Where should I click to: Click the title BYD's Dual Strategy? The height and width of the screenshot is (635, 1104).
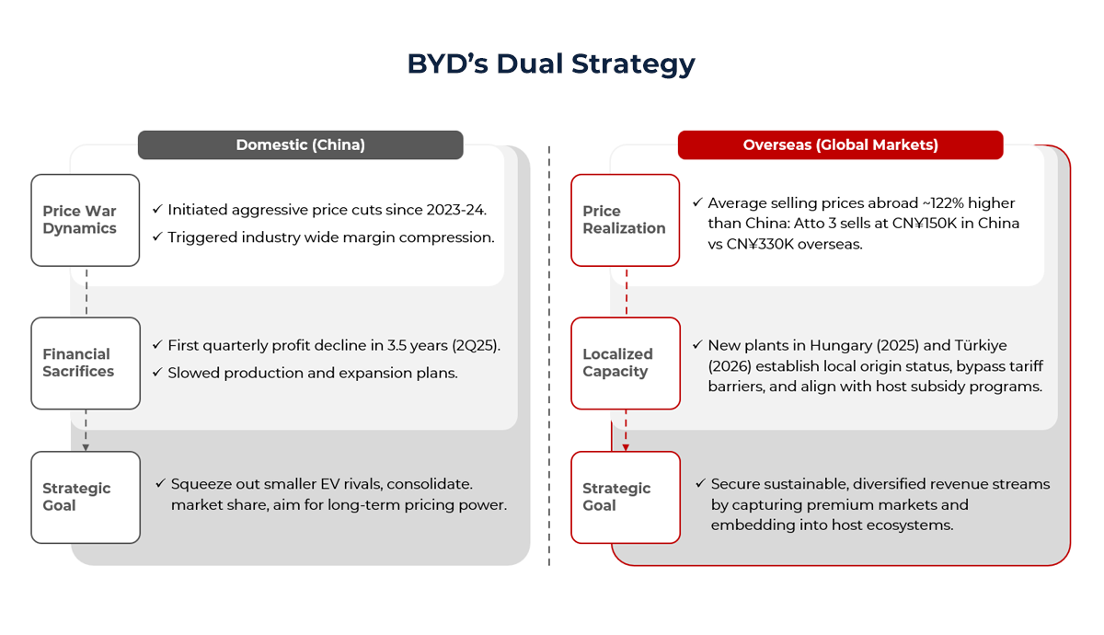tap(551, 63)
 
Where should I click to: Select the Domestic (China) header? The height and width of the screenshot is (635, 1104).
tap(300, 144)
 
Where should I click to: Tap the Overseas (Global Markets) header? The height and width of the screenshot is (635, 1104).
tap(840, 144)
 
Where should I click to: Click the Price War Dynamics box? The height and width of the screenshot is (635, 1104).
tap(85, 220)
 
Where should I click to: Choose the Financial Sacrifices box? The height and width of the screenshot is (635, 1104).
tap(85, 363)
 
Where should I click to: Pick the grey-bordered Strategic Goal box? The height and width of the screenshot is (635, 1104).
tap(85, 497)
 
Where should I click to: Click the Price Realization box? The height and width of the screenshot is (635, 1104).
tap(625, 220)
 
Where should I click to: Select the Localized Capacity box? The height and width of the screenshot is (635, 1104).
tap(625, 363)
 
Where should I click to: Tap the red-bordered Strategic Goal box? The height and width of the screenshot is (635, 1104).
tap(625, 497)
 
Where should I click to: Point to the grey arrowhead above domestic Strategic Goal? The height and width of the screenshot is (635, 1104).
tap(86, 447)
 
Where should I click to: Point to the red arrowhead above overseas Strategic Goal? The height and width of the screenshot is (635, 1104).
tap(626, 447)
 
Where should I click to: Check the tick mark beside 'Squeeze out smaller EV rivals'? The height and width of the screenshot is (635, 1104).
tap(161, 483)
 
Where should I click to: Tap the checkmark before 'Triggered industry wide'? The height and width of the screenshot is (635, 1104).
tap(157, 237)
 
